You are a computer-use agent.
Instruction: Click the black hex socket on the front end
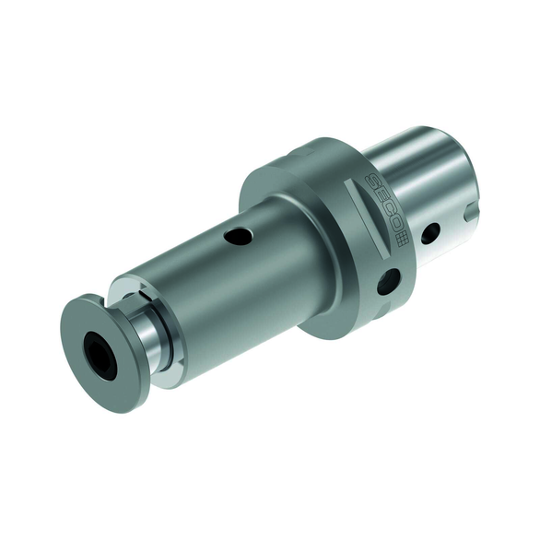[100, 352]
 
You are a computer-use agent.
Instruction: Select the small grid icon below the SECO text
[403, 239]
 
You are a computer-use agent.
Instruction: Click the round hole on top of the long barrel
[239, 237]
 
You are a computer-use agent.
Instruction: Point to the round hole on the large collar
[389, 281]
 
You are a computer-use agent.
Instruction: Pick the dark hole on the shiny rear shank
[431, 233]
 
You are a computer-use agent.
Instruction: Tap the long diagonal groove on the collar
[367, 218]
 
